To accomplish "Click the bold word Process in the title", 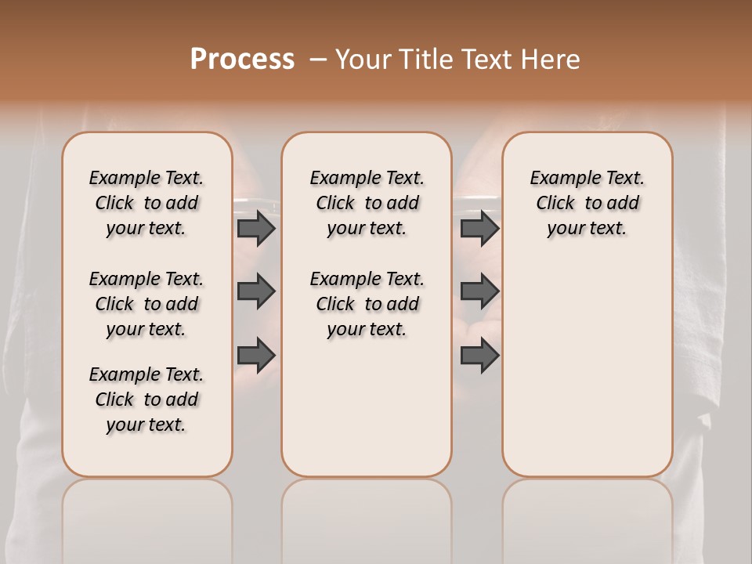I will coord(242,60).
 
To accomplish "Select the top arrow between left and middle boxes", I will coord(256,228).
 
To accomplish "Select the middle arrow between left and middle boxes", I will coord(256,291).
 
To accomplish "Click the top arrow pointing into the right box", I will coord(479,228).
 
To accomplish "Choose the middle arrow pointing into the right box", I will coord(479,291).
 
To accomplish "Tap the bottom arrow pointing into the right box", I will coord(479,356).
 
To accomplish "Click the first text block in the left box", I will coord(146,203).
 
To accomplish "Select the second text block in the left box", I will coord(146,304).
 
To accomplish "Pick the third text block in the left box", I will coord(146,399).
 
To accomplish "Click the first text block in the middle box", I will coord(367,203).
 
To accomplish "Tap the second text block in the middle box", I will coord(367,304).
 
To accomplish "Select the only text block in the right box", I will coord(587,203).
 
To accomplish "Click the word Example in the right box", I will coord(558,178).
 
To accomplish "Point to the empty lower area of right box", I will coord(587,368).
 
